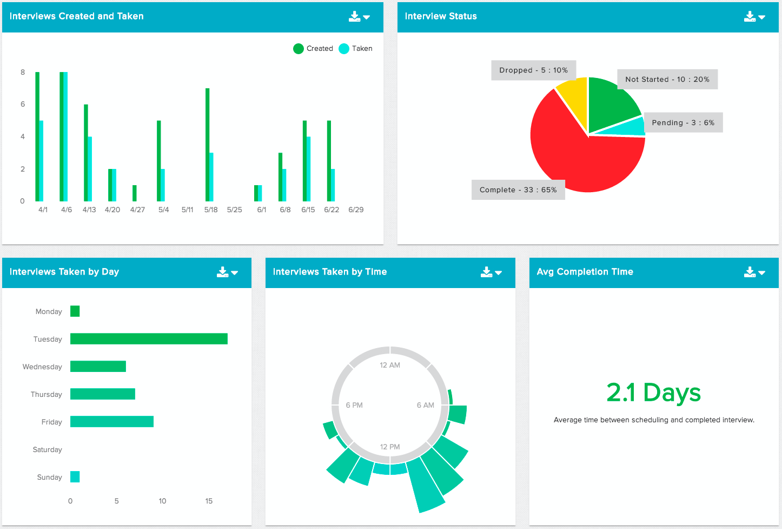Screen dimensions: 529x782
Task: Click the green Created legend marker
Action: [x=299, y=49]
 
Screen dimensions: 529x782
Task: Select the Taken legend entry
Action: [x=355, y=49]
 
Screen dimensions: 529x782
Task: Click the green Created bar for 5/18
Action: [x=207, y=145]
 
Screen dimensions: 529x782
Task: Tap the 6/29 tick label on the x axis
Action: [x=356, y=210]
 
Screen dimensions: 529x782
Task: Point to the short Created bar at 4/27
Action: [x=135, y=193]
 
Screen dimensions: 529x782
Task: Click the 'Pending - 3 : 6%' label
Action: [x=683, y=123]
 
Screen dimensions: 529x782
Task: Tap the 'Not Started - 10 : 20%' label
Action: [x=667, y=80]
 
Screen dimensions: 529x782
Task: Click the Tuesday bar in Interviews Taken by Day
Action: [x=149, y=339]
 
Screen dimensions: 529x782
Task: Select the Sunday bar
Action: [x=75, y=477]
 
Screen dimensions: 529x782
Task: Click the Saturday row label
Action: [x=48, y=449]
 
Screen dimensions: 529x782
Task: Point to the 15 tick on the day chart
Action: [x=209, y=501]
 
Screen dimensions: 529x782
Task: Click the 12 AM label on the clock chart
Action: [x=390, y=365]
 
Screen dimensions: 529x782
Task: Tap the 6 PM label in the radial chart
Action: [x=354, y=405]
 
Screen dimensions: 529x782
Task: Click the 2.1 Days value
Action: [x=653, y=393]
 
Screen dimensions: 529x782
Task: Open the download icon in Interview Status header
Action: [x=750, y=16]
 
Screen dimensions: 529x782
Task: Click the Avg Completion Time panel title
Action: [x=585, y=272]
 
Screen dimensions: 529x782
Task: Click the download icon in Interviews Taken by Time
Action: [x=487, y=272]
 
